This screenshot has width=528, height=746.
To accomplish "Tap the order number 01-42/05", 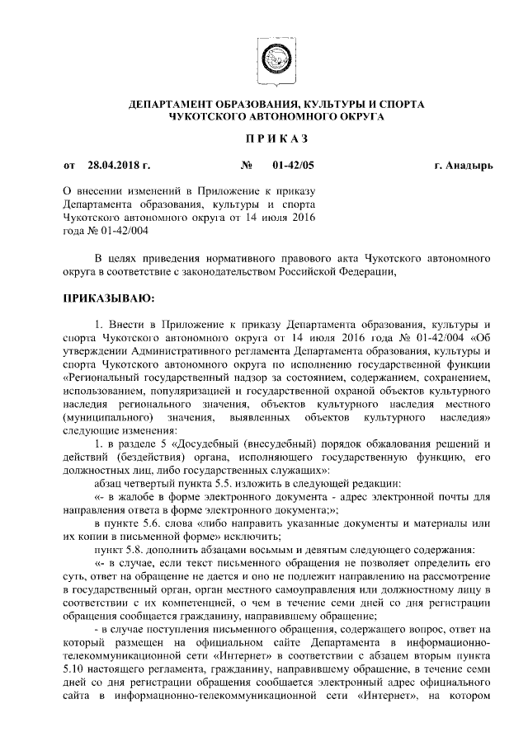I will click(293, 166).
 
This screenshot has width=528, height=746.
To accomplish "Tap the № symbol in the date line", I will click(246, 166).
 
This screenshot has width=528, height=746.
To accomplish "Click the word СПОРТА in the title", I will click(400, 106).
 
